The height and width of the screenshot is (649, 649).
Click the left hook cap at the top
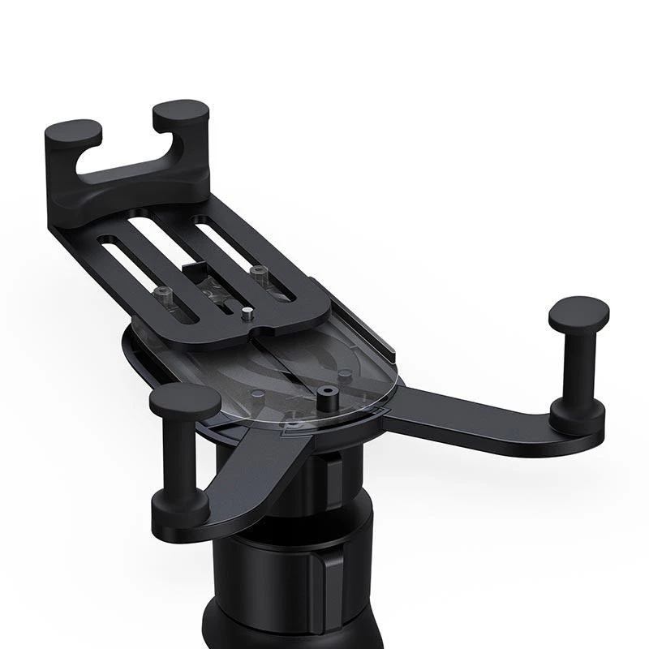(74, 131)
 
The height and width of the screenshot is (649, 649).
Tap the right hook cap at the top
(180, 111)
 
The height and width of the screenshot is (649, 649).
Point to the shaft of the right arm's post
(577, 365)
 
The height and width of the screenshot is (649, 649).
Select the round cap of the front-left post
(185, 401)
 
